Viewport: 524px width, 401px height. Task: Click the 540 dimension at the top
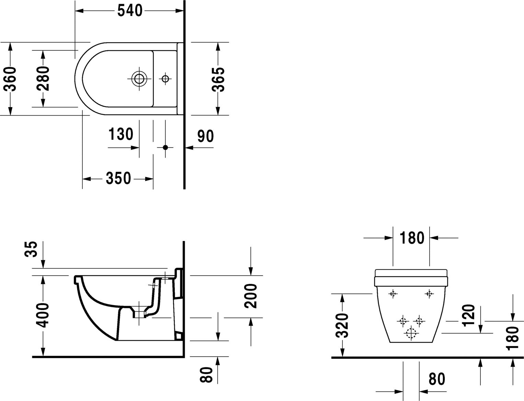(130, 11)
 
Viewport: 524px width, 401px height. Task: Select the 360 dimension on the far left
(10, 79)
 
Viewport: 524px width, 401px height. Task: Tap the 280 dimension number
(43, 79)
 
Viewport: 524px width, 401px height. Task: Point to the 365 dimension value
(218, 80)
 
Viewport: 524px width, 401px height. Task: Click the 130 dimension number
(121, 134)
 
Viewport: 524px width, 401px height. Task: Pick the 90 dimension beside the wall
(205, 136)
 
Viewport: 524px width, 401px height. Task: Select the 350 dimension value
(118, 178)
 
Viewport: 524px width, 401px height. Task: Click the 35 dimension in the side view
(31, 249)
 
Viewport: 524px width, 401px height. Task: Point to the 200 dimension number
(250, 296)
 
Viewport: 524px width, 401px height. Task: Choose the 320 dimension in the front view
(342, 325)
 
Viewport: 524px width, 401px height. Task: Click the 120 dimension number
(469, 315)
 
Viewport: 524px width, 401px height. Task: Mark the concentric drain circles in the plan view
(139, 79)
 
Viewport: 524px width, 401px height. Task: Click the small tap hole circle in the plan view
(165, 79)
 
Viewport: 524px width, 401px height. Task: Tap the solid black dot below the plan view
(165, 148)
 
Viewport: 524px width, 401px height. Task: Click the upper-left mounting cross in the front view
(393, 294)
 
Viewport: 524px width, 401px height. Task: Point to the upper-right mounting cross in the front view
(429, 294)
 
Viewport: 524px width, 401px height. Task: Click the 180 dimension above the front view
(412, 238)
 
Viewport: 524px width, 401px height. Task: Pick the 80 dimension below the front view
(437, 379)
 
